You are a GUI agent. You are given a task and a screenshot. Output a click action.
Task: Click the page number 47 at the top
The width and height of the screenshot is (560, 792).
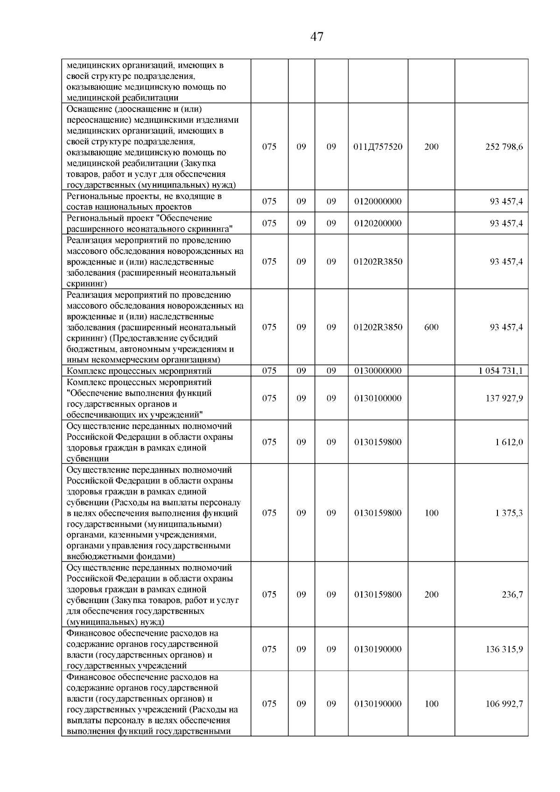[316, 37]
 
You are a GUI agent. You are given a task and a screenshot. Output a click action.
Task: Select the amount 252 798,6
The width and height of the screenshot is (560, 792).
[504, 147]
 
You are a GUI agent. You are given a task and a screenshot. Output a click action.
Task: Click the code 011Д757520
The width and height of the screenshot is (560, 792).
[378, 147]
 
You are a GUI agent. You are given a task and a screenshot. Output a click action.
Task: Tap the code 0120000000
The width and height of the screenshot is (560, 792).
[378, 202]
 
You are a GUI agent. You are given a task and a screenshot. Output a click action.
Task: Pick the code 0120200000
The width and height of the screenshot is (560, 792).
[378, 223]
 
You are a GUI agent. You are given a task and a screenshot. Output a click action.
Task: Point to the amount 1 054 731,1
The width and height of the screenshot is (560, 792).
[500, 371]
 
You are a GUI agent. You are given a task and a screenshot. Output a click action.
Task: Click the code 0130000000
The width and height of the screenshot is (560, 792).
[378, 371]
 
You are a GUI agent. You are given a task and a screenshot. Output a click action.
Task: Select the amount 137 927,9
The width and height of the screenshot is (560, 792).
[504, 398]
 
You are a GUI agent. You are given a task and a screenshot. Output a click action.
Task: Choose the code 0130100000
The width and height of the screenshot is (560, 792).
[378, 398]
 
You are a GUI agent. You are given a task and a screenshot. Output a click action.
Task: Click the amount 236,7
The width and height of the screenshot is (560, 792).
[512, 595]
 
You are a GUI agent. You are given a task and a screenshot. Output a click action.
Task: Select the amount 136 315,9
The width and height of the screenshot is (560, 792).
[504, 649]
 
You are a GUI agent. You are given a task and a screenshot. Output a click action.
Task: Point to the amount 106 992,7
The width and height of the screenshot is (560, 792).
[504, 704]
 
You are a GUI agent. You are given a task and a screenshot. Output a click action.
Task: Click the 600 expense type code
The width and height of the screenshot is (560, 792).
[431, 327]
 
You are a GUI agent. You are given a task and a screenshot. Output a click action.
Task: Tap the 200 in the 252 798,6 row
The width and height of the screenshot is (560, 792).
[431, 147]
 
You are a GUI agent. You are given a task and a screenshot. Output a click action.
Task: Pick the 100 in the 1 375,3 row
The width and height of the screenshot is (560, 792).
[431, 513]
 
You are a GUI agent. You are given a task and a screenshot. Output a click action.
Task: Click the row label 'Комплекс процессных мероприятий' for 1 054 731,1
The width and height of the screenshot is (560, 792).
[139, 371]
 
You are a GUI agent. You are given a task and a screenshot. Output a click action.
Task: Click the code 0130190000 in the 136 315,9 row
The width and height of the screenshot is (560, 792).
[378, 649]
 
